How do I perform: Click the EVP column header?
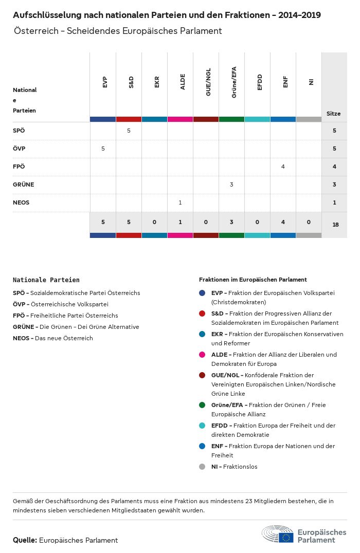[x=105, y=82]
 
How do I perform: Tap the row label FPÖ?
[x=19, y=167]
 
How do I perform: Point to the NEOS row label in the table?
[x=21, y=202]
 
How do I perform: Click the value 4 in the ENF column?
[x=283, y=167]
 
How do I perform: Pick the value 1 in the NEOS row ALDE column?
[x=180, y=202]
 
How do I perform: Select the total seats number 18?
[x=335, y=225]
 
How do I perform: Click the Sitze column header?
[x=333, y=114]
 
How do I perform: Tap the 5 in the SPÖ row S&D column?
[x=129, y=131]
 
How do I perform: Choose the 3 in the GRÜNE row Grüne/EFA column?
[x=231, y=185]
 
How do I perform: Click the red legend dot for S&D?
[x=202, y=314]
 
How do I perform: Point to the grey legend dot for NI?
[x=202, y=467]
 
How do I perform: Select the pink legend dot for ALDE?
[x=202, y=355]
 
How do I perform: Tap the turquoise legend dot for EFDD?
[x=202, y=426]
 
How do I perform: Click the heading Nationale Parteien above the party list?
[x=46, y=280]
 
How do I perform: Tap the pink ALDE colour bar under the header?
[x=180, y=119]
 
